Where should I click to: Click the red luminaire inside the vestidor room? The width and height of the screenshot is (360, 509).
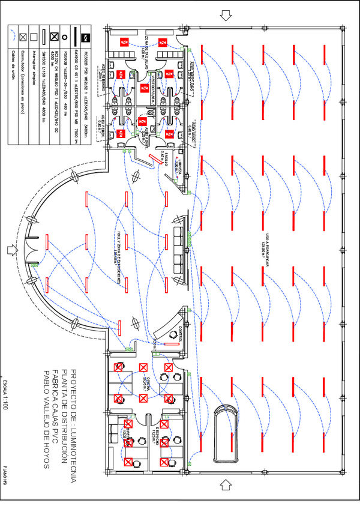pos(144,88)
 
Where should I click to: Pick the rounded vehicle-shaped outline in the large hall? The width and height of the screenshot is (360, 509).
pos(226,433)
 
